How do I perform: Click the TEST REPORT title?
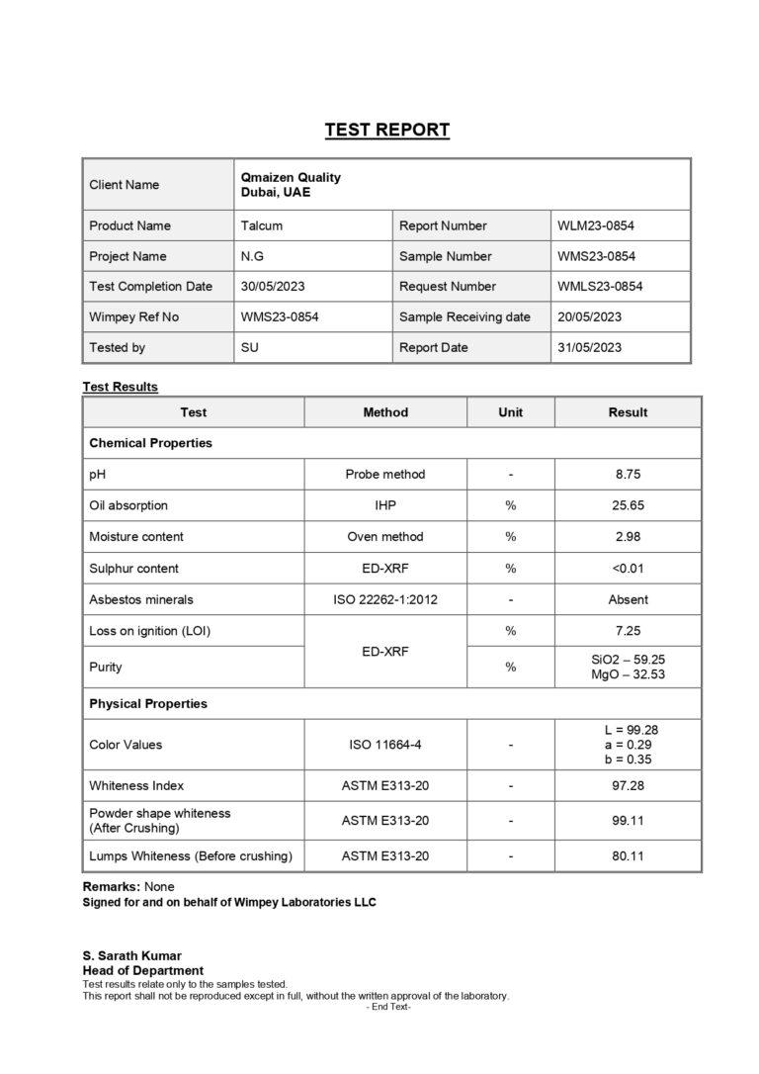coord(387,130)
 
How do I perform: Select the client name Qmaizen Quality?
coord(291,178)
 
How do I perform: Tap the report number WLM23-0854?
coord(596,225)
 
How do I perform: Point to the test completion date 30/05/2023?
coord(273,287)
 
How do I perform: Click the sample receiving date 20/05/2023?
coord(589,317)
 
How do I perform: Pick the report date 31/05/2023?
coord(589,348)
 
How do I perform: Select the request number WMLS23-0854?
coord(600,287)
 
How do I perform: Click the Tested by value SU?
coord(250,348)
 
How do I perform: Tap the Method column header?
coord(385,412)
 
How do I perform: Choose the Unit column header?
coord(510,412)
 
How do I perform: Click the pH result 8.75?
coord(628,475)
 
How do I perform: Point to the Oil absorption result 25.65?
coord(628,505)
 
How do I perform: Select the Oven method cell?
coord(385,537)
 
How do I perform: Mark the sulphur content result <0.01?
coord(628,569)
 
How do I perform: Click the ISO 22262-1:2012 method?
coord(385,599)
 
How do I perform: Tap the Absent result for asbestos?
coord(628,599)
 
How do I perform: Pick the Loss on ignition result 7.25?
coord(628,631)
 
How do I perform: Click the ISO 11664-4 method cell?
coord(385,745)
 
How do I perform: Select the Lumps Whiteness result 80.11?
coord(628,856)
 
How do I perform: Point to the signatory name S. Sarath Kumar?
coord(131,956)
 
